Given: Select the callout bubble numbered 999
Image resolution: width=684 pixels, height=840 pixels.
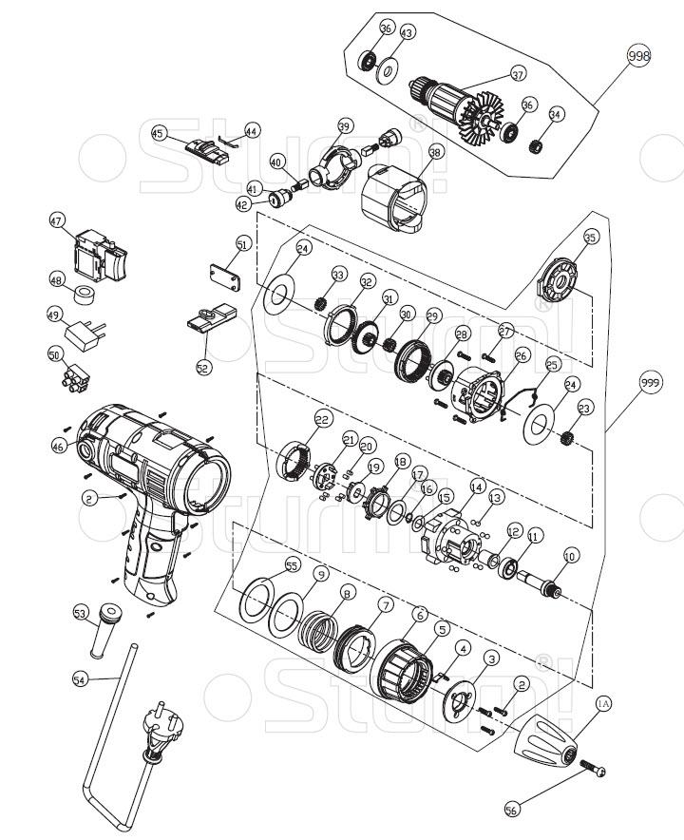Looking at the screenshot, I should (x=650, y=383).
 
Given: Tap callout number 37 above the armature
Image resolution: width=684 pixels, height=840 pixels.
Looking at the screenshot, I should (x=518, y=73).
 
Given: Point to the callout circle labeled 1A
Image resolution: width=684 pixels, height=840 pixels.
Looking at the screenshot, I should (x=603, y=704).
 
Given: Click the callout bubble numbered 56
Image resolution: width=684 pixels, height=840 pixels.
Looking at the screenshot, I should (x=512, y=809).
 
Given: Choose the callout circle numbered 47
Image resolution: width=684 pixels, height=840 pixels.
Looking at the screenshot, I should (x=57, y=221).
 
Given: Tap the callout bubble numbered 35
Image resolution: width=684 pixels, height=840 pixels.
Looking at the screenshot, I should (x=591, y=239).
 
